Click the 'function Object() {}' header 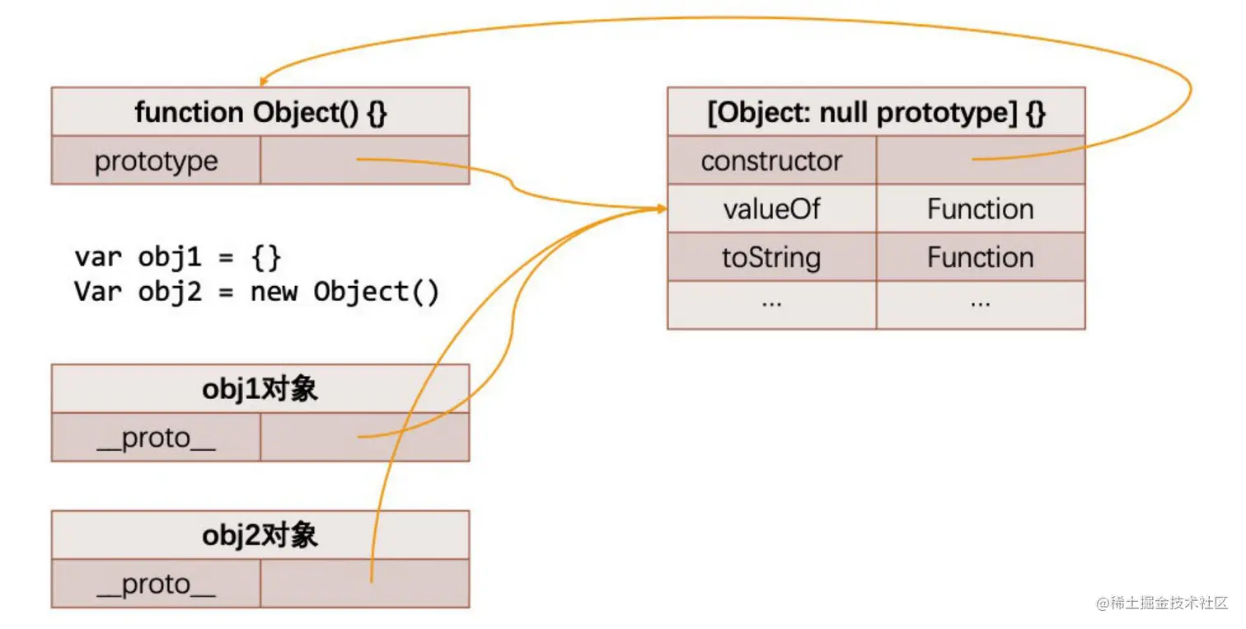point(260,112)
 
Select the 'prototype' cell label point(157,162)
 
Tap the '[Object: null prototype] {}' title point(876,112)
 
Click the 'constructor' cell point(771,161)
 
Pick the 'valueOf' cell point(771,209)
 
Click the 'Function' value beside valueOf point(981,209)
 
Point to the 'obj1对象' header point(260,389)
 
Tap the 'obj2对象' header point(260,536)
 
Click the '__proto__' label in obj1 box point(157,439)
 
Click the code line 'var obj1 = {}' point(178,258)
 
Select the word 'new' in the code point(274,293)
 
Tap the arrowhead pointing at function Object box point(264,82)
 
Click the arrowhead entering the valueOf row point(662,209)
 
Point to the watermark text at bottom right point(1161,603)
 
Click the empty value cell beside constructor point(981,160)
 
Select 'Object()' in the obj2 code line point(377,293)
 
